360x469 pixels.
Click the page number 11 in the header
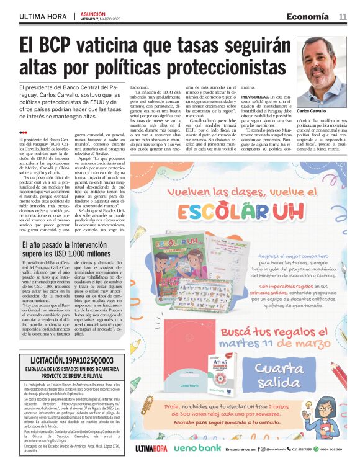pos(343,17)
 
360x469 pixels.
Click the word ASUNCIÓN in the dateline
pos(92,13)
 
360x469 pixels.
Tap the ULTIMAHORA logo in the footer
pos(151,449)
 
